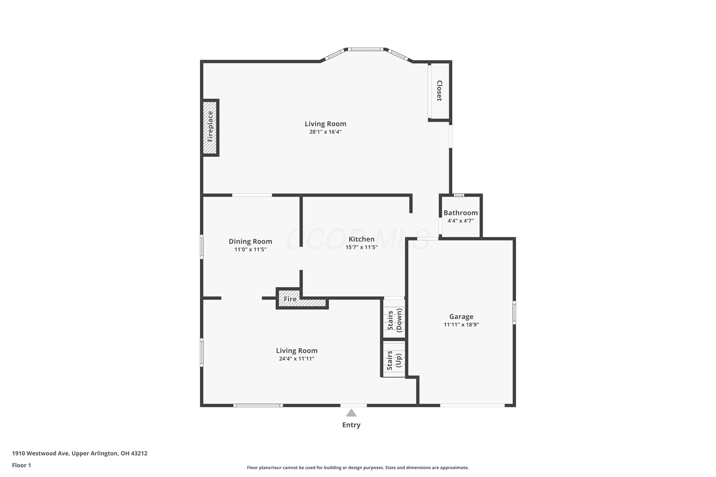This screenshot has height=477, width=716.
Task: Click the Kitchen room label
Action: pos(361,239)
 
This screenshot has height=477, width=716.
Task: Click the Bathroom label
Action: pos(461,213)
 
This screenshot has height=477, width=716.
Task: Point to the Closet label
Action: pos(439,91)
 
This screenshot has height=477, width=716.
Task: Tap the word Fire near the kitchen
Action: pos(290,299)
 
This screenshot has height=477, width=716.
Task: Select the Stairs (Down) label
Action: pos(395,320)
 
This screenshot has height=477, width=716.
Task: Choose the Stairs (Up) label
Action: pos(394,360)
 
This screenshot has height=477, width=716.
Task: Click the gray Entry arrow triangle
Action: pos(351,413)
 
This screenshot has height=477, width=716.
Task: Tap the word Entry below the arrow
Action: pos(351,425)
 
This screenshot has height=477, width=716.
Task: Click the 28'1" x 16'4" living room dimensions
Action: pos(326,132)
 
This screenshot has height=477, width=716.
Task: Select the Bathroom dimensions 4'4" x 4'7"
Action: pos(461,221)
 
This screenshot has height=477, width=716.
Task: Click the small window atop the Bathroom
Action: pos(459,195)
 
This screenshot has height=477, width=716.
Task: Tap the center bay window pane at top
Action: pos(366,49)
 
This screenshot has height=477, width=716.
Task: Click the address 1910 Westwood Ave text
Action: pos(41,453)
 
